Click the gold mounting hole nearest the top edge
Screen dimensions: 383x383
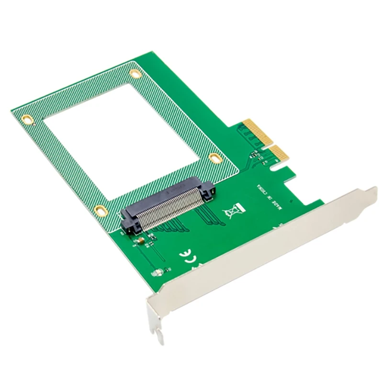135,73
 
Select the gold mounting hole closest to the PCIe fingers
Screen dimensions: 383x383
216,158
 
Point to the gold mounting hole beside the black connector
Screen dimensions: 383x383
100,210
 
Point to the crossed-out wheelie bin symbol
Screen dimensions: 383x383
236,210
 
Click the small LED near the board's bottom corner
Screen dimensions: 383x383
156,274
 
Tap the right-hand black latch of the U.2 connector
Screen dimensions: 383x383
209,191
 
